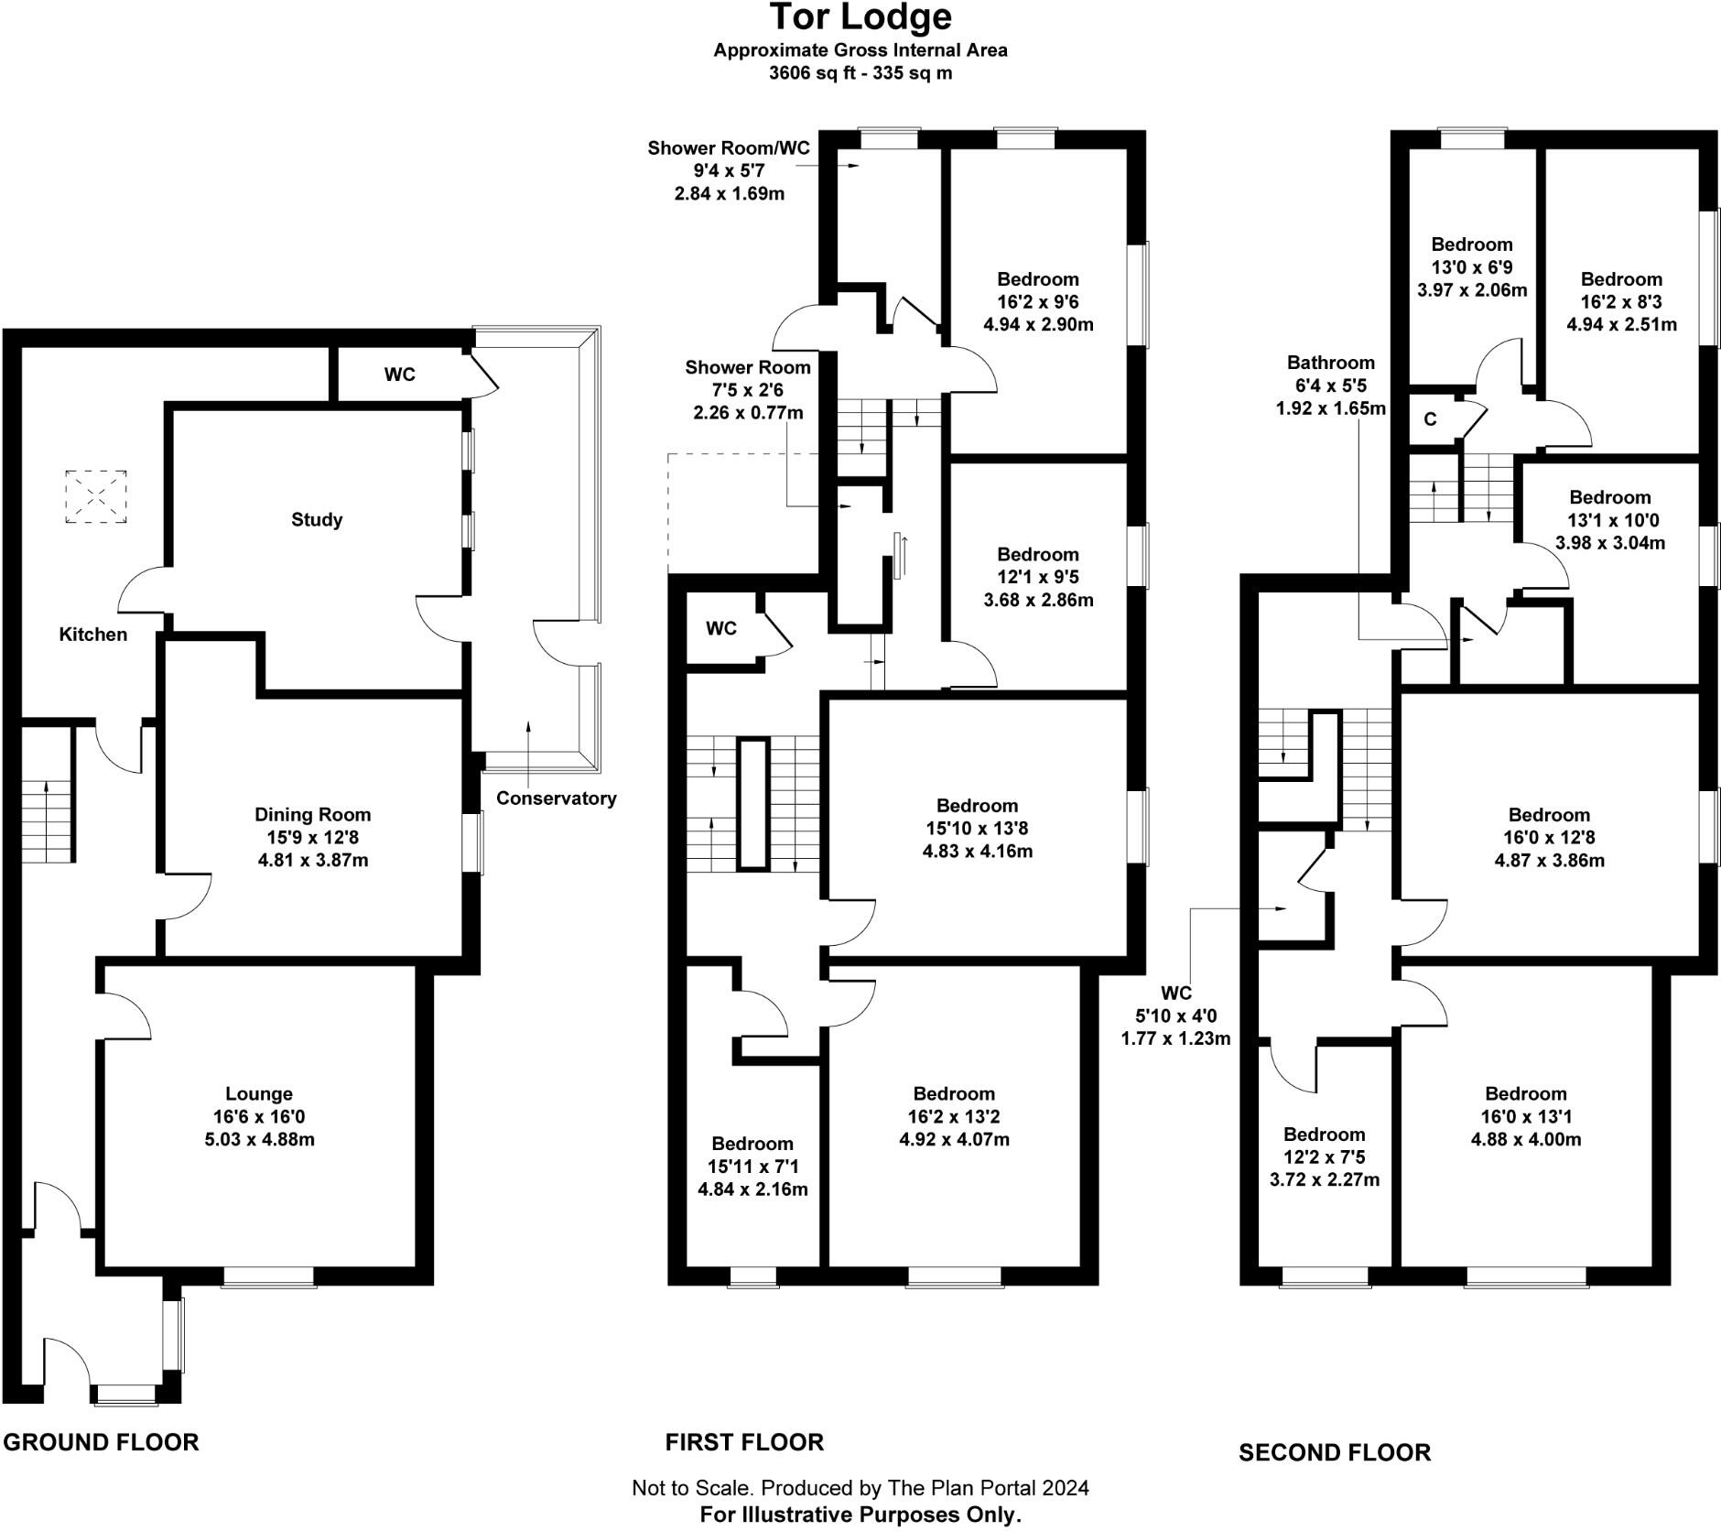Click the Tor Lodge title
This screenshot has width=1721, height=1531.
(860, 17)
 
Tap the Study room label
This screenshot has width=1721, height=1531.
(317, 519)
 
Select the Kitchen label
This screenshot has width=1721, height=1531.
(92, 635)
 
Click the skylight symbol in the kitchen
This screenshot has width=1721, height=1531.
(95, 496)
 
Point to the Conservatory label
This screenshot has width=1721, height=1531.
(556, 798)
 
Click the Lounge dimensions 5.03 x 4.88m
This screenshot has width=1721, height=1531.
(259, 1139)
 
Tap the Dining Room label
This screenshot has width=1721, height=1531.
(312, 814)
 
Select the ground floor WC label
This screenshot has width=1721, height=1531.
(399, 375)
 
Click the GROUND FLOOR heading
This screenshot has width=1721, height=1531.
(101, 1441)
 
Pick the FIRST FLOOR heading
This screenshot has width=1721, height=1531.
(744, 1441)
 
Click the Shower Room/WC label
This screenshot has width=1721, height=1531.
(729, 147)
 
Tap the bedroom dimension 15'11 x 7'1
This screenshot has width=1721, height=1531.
(752, 1167)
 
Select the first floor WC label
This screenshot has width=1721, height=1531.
(720, 628)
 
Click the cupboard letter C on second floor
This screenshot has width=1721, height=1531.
(1430, 419)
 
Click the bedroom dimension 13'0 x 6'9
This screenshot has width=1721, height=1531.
(1472, 267)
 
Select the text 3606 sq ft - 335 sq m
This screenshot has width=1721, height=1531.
(860, 73)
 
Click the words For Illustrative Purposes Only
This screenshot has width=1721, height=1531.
(860, 1514)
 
